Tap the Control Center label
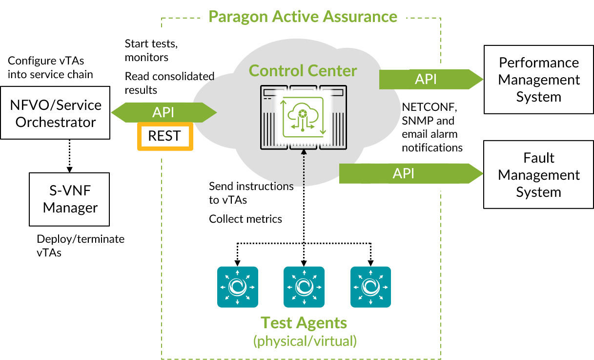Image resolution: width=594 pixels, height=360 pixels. coord(303,71)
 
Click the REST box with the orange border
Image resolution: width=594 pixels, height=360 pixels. coord(165,136)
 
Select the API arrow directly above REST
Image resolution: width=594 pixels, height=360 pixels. coord(164,112)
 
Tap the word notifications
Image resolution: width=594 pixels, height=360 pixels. coord(430,148)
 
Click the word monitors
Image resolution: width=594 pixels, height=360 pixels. coord(146,57)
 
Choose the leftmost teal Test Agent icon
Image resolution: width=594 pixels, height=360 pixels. coord(237,287)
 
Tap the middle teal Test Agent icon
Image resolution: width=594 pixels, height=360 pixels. coord(304,287)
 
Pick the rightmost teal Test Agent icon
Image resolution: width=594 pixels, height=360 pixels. coord(370,287)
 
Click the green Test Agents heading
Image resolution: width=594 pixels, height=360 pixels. coord(304,323)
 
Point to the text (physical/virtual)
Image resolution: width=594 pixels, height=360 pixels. coord(305,340)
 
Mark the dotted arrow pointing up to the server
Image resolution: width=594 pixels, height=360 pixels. coord(303,169)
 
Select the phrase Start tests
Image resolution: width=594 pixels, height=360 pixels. coord(151,43)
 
